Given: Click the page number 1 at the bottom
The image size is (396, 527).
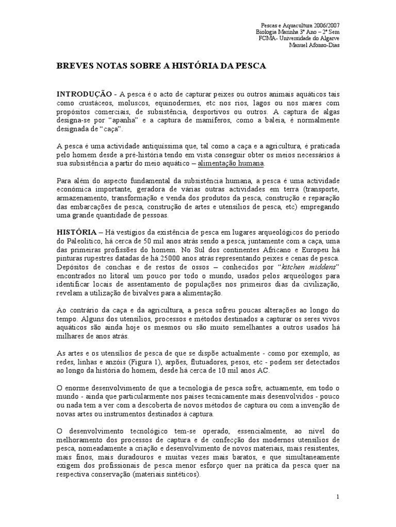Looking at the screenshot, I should point(337,497).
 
